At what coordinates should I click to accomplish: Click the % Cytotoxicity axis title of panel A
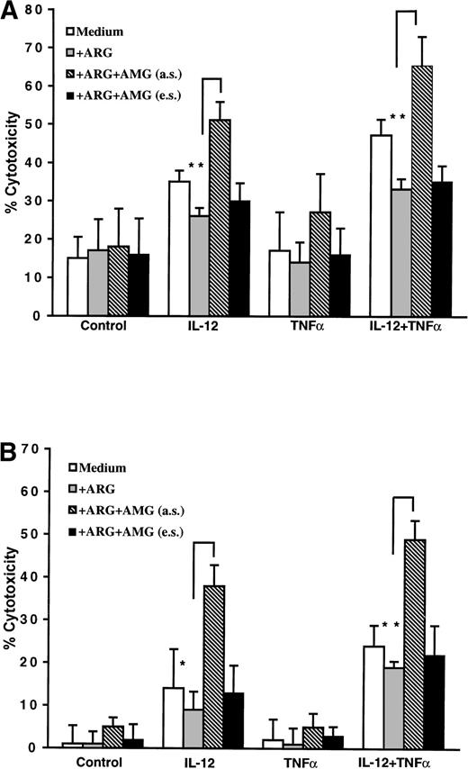pos(12,162)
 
